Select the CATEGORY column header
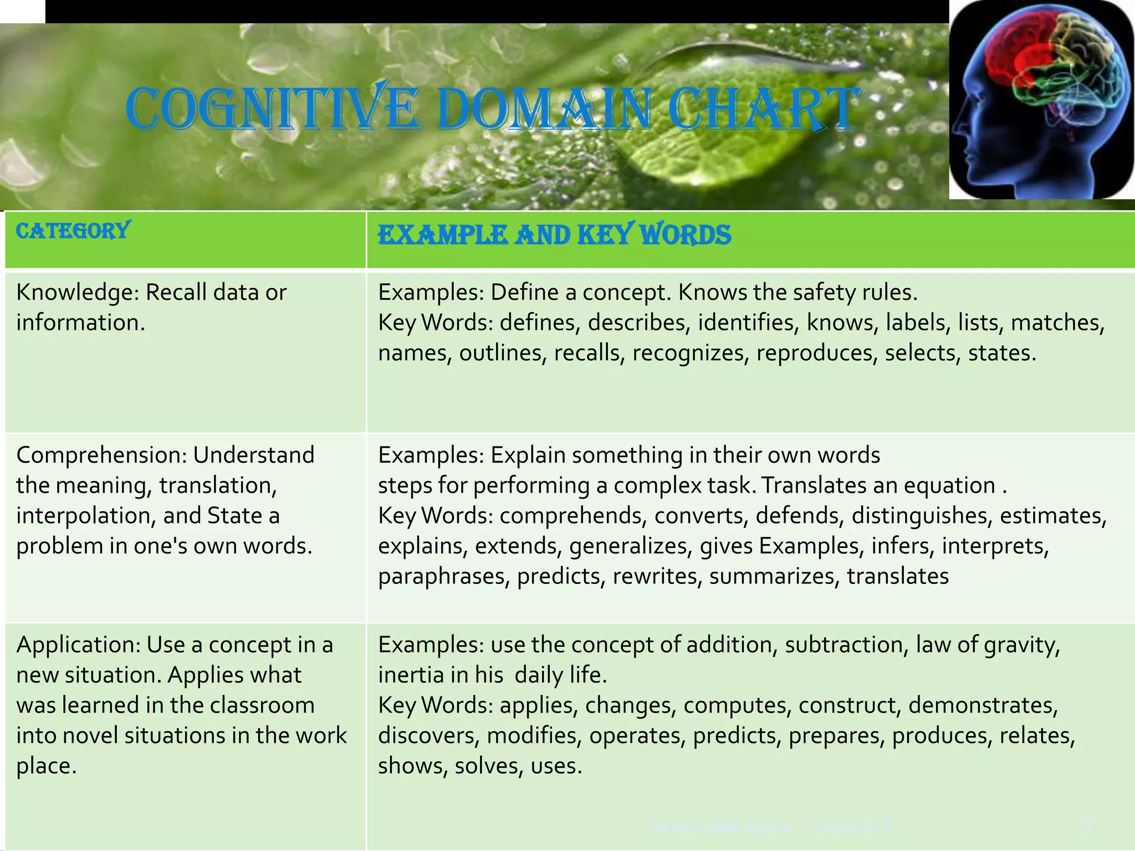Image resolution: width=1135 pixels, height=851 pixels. click(73, 230)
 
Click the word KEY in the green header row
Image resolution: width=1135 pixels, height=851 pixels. click(603, 235)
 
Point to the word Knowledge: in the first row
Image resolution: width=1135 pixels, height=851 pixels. click(76, 293)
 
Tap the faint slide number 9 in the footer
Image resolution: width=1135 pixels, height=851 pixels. click(1085, 827)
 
